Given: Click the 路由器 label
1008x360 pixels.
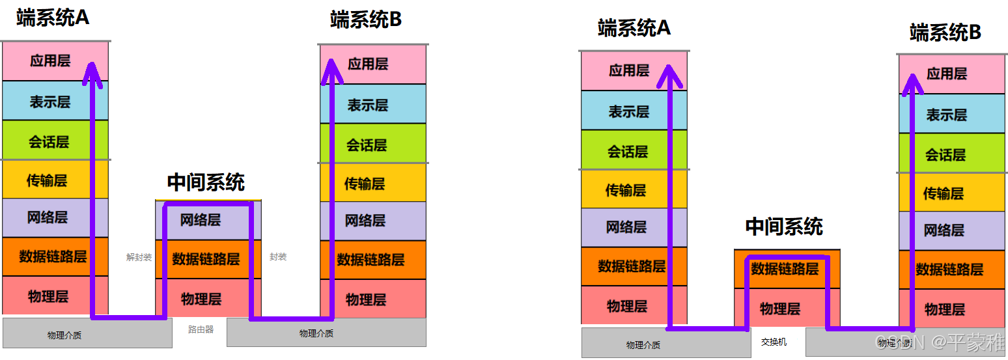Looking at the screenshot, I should [201, 329].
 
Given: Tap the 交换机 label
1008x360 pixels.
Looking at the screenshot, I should [774, 342].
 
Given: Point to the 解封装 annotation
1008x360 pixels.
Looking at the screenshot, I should [139, 257].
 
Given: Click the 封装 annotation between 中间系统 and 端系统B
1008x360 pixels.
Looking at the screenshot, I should [278, 257].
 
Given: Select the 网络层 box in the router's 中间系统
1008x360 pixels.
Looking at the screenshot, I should [201, 220].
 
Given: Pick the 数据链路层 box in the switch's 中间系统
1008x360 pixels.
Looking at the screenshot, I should [784, 268].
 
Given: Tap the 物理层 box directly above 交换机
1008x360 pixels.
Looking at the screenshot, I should [779, 309].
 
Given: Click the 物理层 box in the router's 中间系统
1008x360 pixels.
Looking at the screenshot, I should [201, 299].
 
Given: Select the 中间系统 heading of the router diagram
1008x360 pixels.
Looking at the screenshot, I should [206, 182].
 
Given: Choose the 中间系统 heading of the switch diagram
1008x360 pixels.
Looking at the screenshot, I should [784, 227].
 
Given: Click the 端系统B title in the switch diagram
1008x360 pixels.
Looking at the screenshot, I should [945, 33].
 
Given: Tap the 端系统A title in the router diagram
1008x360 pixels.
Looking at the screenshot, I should [53, 18].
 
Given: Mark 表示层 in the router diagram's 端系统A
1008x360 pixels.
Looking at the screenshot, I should [49, 102].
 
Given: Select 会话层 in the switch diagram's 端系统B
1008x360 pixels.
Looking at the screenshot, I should [945, 155].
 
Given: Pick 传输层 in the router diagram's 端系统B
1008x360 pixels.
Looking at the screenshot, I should [365, 184].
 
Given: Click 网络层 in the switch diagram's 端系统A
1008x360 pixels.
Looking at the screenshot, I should [626, 227].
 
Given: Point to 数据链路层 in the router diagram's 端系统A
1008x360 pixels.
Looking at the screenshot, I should [53, 256].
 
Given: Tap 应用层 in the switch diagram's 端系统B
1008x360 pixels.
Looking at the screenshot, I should [947, 74].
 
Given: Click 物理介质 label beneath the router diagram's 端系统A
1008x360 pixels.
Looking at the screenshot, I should [64, 335].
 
